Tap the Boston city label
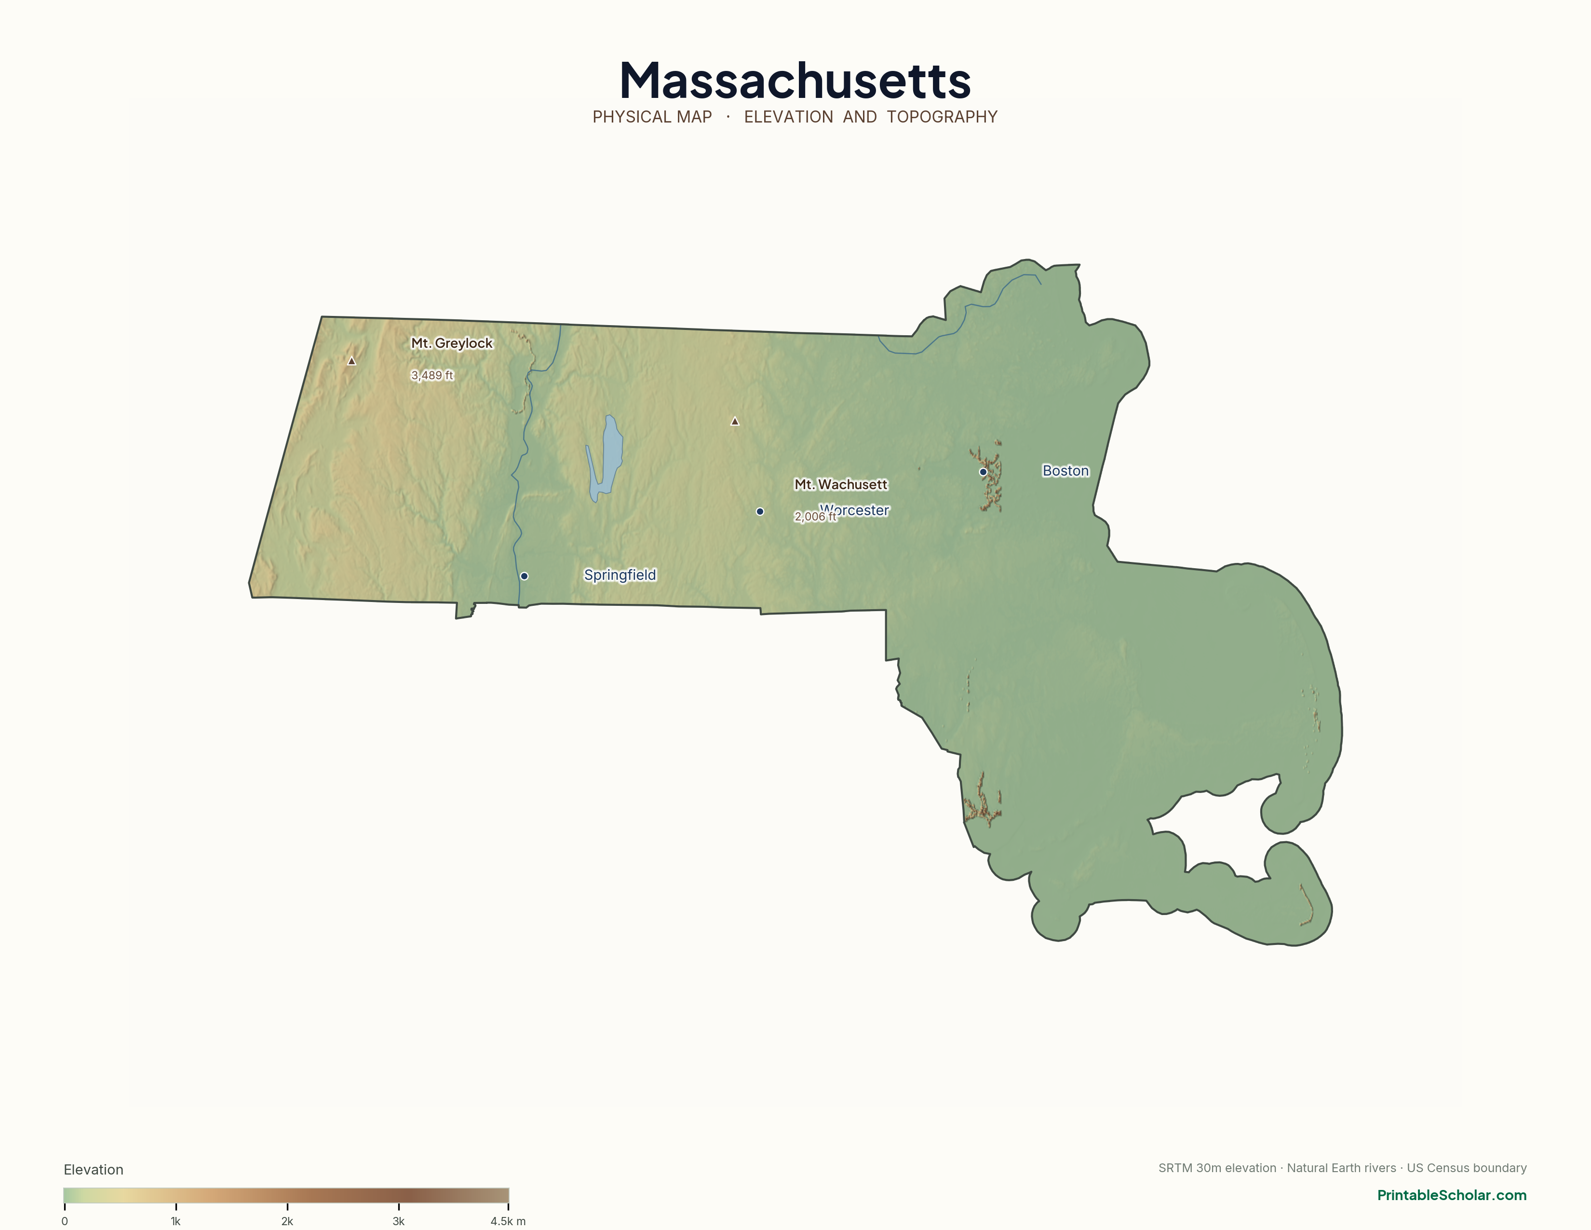click(1065, 471)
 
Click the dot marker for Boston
click(983, 472)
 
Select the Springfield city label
click(620, 575)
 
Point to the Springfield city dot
click(524, 576)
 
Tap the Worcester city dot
click(760, 511)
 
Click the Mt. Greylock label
click(452, 343)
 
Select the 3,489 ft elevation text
click(432, 375)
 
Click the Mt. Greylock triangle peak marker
click(352, 361)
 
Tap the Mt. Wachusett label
click(841, 485)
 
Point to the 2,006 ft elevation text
click(814, 517)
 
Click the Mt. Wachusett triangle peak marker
click(735, 421)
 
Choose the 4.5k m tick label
click(508, 1221)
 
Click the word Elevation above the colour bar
click(93, 1170)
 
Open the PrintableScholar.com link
click(1451, 1195)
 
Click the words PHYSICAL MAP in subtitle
click(652, 117)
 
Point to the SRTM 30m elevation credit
click(1216, 1168)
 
